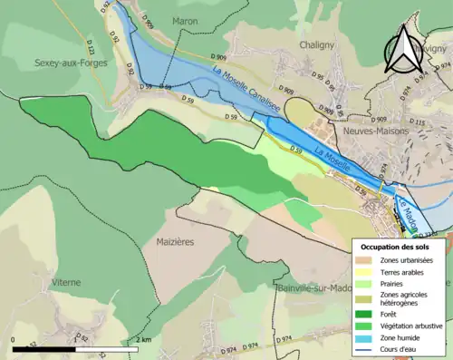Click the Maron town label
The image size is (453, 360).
185,22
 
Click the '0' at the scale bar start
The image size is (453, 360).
14,338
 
